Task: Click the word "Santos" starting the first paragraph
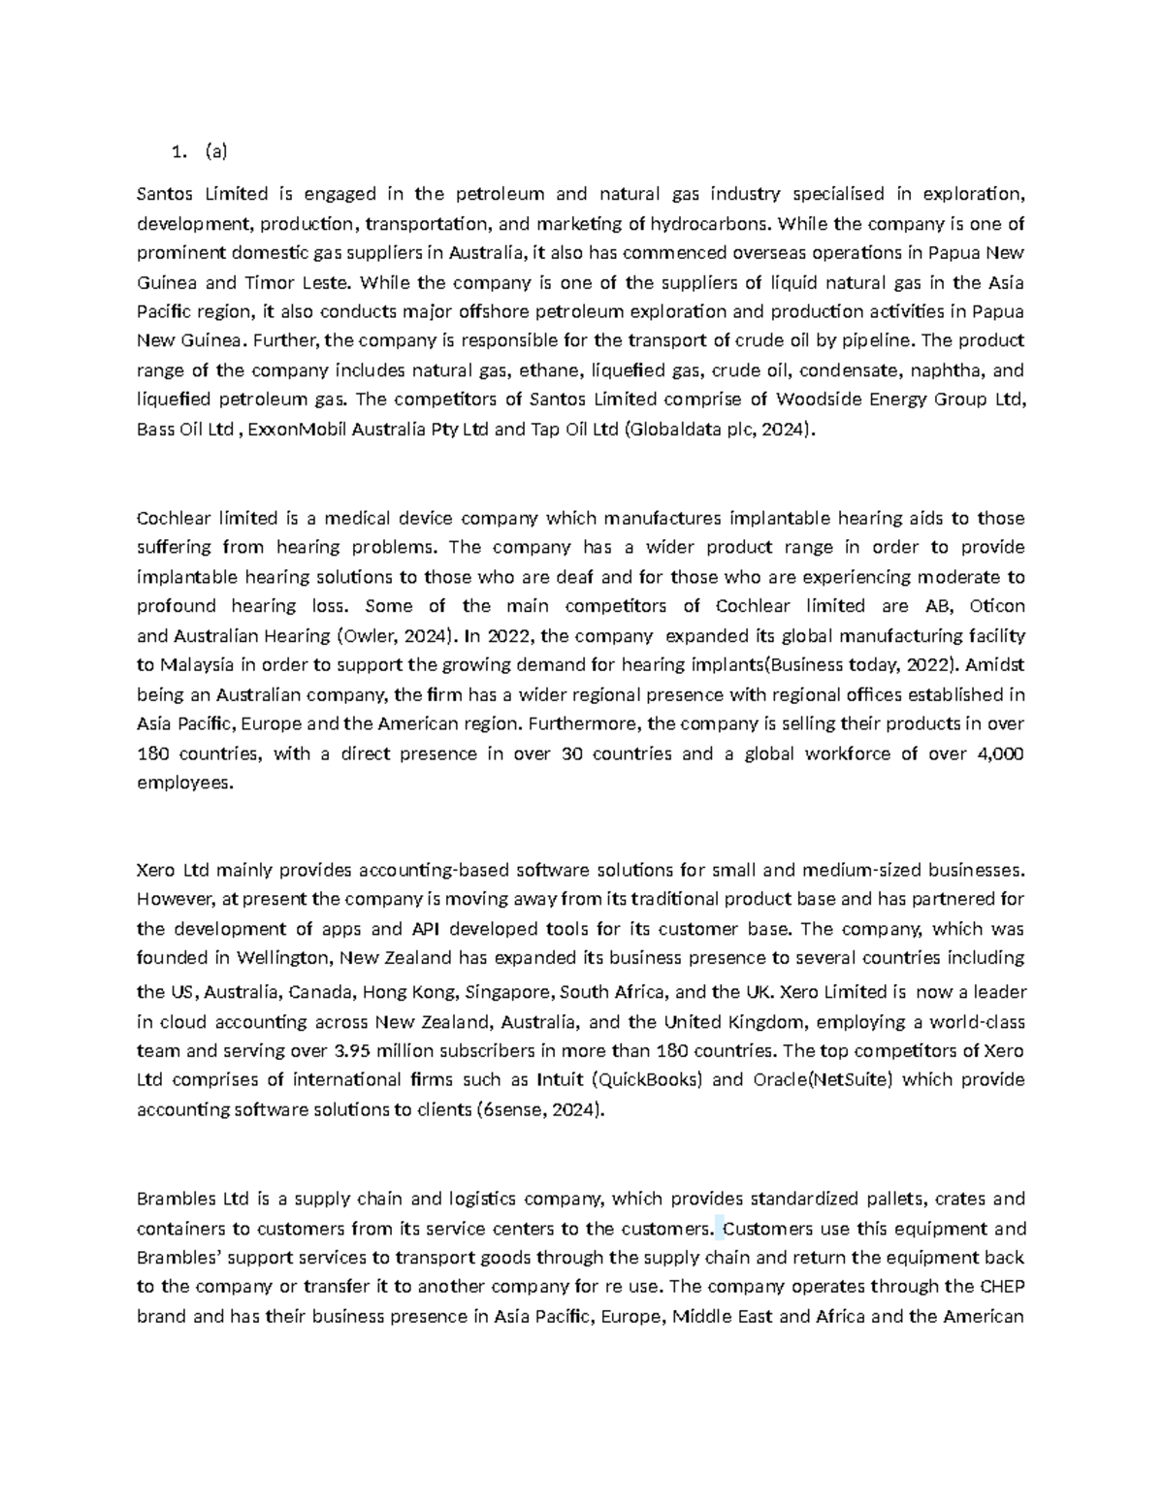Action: (164, 194)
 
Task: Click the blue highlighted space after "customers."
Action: (719, 1229)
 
